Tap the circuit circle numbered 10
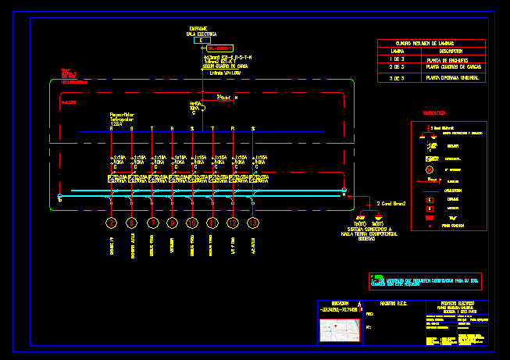tap(192, 223)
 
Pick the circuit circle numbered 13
tap(253, 223)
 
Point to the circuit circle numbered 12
tap(233, 223)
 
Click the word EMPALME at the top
tap(198, 27)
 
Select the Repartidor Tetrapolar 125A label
tap(122, 119)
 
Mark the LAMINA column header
tap(397, 51)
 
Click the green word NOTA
tap(377, 276)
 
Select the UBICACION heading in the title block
tap(339, 303)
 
